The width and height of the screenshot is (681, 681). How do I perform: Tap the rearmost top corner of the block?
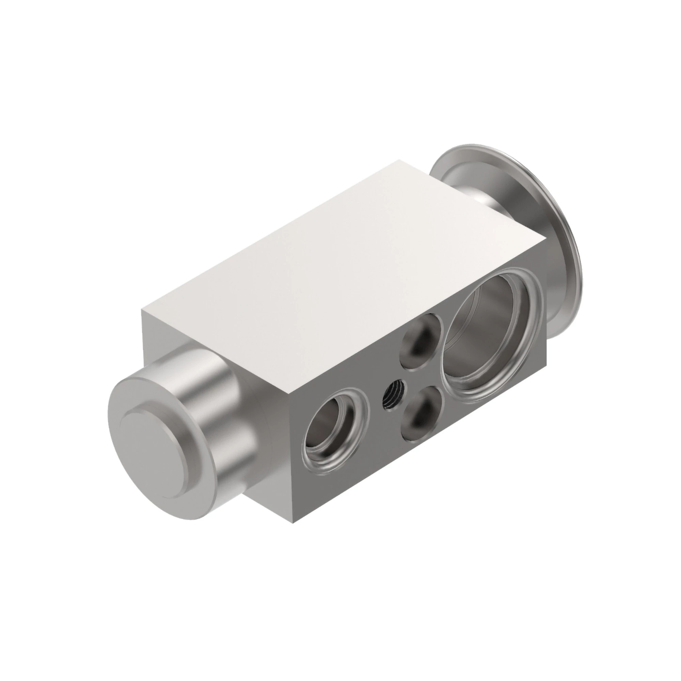(x=399, y=160)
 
